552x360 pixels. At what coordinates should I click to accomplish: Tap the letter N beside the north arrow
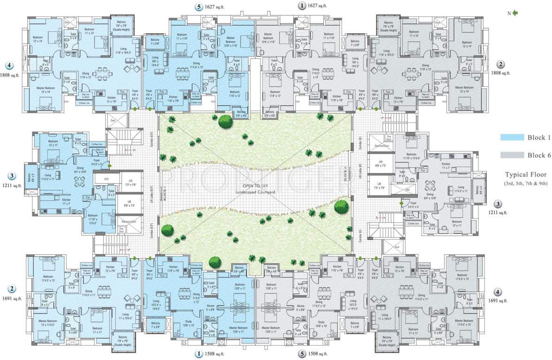(509, 14)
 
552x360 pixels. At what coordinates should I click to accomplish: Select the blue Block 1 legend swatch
(511, 137)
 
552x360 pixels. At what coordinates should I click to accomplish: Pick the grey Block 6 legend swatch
(511, 155)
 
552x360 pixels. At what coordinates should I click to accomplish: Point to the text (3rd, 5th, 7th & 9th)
(525, 183)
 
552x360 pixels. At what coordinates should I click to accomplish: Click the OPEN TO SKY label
(256, 186)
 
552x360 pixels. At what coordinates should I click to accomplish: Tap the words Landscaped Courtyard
(256, 192)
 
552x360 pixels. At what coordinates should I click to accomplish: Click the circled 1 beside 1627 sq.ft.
(302, 6)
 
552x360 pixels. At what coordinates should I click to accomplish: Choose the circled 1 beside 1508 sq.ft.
(200, 354)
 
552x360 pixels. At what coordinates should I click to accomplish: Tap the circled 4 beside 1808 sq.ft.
(9, 65)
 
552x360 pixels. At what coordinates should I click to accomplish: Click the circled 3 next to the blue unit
(12, 176)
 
